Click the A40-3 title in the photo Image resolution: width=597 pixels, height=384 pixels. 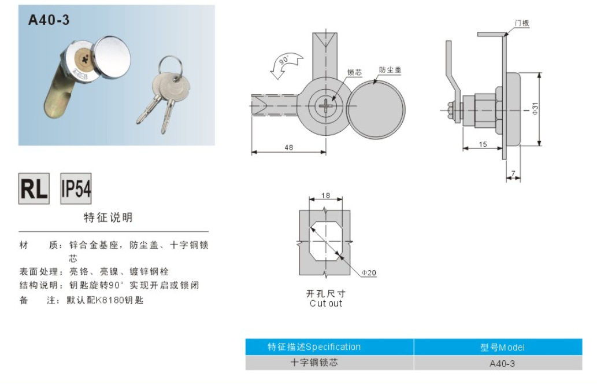49,20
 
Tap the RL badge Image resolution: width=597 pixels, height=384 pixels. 34,189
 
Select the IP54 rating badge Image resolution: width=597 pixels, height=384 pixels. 76,189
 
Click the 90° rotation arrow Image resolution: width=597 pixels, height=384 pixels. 286,64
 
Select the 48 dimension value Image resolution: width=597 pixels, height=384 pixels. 288,147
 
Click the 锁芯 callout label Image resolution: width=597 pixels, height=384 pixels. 354,73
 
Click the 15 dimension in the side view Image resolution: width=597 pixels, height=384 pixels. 482,144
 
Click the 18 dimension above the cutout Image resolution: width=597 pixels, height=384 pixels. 325,195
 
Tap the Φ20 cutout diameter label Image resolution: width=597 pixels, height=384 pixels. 369,272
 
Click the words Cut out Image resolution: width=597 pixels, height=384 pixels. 325,303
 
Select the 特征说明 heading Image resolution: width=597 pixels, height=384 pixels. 108,217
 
